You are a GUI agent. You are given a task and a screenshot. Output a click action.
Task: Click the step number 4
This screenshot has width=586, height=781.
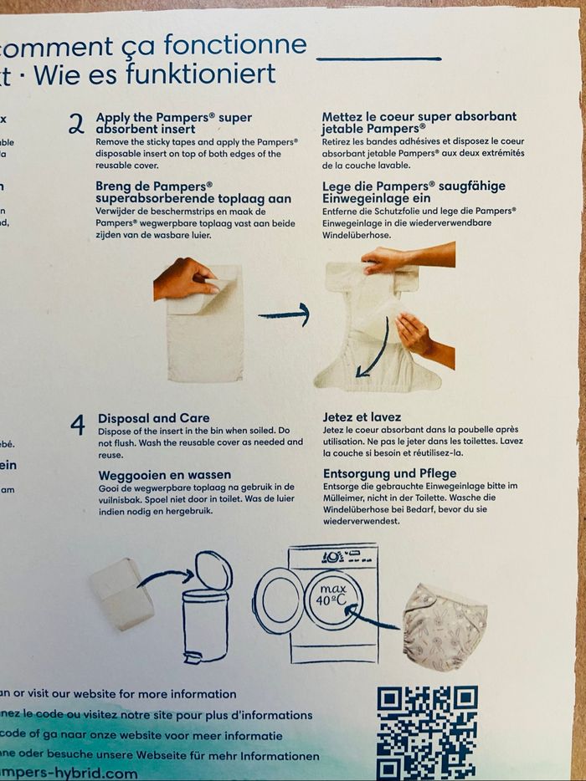pos(78,426)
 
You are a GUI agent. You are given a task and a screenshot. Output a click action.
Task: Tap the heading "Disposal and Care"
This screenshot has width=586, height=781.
pos(154,418)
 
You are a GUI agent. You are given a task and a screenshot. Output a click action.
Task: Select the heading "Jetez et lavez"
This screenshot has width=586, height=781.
pos(362,416)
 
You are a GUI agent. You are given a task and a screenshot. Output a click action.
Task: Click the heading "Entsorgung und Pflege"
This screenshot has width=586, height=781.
pos(384,473)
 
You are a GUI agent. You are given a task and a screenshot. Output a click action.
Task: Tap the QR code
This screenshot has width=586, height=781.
pos(427,732)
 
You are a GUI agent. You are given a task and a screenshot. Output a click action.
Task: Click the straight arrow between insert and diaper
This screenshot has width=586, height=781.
pos(284,314)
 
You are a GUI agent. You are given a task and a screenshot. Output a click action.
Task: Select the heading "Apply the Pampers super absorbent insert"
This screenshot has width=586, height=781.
pos(173,123)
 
